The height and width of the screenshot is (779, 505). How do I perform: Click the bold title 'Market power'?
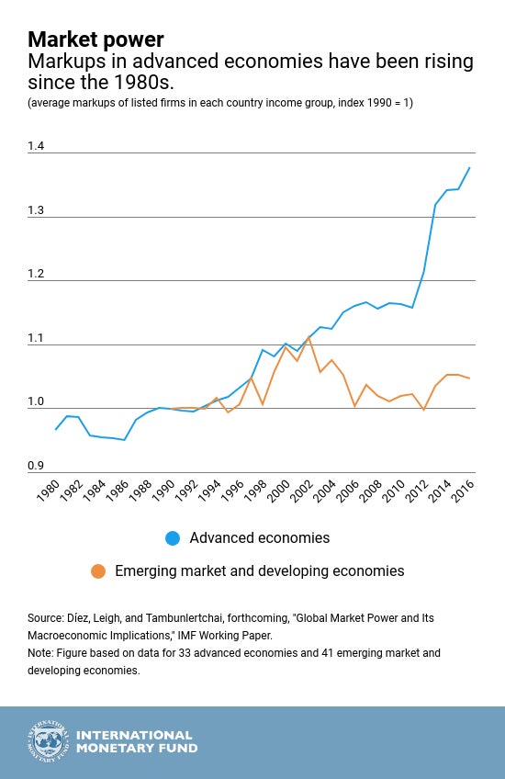(x=95, y=40)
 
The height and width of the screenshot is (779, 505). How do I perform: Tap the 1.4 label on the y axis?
(x=36, y=145)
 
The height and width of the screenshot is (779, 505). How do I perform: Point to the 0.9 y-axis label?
(x=36, y=466)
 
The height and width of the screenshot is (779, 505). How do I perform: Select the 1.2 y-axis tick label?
(x=36, y=274)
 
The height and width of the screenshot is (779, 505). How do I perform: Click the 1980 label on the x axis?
(x=48, y=491)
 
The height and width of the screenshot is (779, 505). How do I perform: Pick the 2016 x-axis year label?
(x=463, y=491)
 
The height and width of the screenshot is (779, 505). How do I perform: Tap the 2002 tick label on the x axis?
(x=301, y=491)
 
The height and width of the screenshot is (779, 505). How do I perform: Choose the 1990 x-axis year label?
(x=163, y=491)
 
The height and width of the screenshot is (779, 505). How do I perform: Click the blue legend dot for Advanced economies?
(x=173, y=538)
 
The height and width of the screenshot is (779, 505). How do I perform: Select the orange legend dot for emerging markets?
(x=98, y=570)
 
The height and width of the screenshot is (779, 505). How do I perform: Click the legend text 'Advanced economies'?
(x=260, y=538)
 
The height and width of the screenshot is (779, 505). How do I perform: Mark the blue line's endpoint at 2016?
(x=470, y=168)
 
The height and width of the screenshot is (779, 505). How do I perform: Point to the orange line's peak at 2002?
(x=309, y=337)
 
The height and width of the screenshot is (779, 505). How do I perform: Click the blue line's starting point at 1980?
(x=55, y=429)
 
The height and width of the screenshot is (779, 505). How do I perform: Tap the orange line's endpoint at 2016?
(x=470, y=378)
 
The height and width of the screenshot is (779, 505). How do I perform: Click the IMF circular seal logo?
(x=48, y=741)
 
